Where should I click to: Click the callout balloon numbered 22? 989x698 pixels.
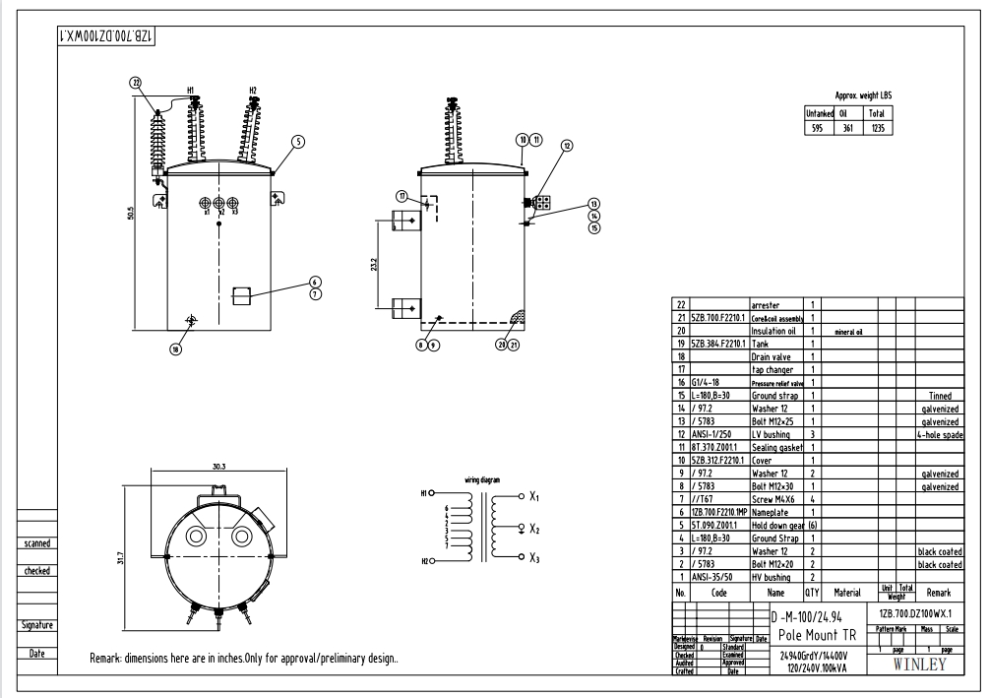click(136, 83)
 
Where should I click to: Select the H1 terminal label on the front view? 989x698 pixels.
click(191, 91)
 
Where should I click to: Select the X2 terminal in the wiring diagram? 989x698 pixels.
click(532, 529)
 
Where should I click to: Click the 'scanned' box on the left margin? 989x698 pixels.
click(37, 542)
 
